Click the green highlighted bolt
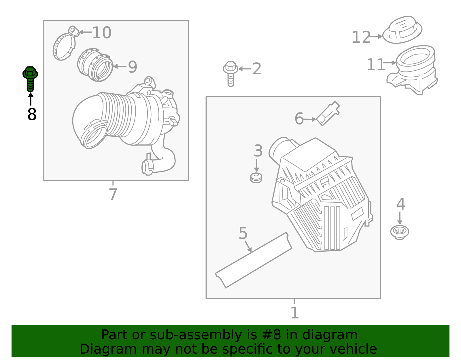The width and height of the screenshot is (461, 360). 30,78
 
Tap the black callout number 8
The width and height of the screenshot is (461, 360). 32,114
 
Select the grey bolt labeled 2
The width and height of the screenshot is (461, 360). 231,73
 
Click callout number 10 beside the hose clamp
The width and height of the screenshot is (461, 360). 102,33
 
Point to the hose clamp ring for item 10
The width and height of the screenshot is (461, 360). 64,46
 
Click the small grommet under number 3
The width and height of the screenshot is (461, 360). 256,178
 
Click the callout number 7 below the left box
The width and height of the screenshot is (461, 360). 113,194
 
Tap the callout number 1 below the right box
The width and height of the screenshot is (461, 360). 294,313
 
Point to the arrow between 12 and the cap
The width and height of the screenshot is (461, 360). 376,37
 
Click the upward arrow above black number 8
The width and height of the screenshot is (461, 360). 31,99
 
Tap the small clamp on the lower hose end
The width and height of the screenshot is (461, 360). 148,167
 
